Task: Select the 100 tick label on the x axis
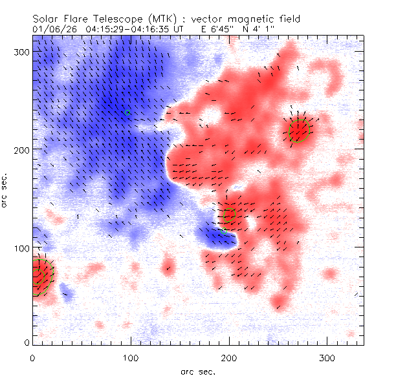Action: coord(130,357)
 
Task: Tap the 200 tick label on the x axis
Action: coord(228,357)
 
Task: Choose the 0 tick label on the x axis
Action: coord(32,357)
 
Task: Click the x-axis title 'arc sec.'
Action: coord(197,371)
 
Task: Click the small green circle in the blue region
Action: coord(127,112)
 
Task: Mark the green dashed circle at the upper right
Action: coord(300,130)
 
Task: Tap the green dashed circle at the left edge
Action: coord(42,277)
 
